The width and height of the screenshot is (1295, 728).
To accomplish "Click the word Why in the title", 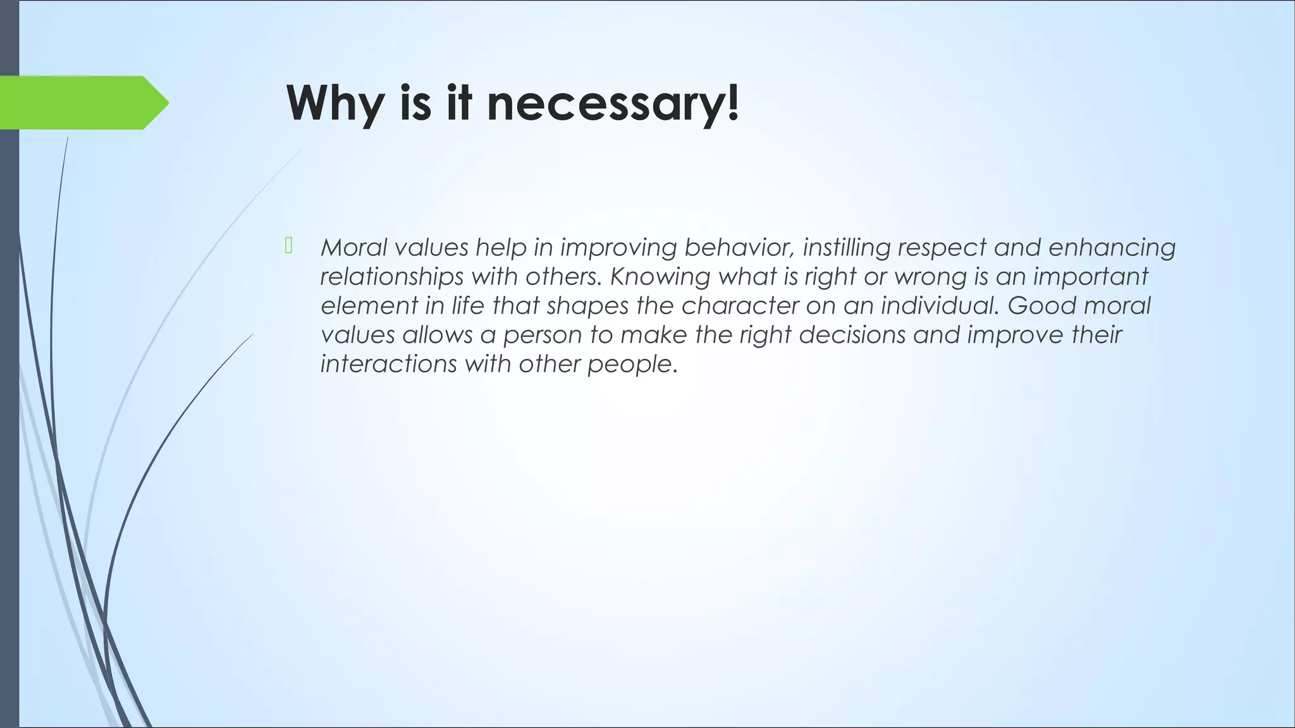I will point(334,103).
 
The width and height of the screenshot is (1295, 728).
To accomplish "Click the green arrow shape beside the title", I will point(82,102).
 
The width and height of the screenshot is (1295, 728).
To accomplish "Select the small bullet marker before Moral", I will point(289,246).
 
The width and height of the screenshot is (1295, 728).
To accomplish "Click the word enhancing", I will point(1112,247).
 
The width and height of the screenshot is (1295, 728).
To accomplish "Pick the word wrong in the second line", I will point(928,276).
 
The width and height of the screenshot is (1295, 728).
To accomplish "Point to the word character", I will point(740,305).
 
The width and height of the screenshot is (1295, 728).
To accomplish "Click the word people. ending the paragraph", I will point(632,365).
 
